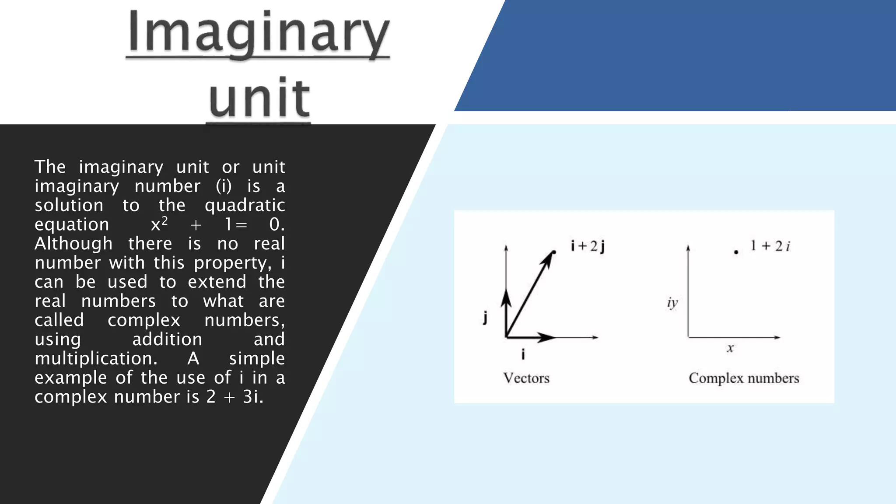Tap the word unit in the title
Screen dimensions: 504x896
pyautogui.click(x=259, y=98)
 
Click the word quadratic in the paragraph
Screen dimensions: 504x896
pyautogui.click(x=245, y=205)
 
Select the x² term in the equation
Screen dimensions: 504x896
pyautogui.click(x=159, y=224)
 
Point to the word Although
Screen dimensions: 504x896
pyautogui.click(x=73, y=243)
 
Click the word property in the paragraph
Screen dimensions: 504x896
pyautogui.click(x=230, y=263)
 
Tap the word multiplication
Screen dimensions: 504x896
pyautogui.click(x=96, y=358)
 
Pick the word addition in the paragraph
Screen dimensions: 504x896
pyautogui.click(x=167, y=339)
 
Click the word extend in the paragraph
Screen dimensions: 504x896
pyautogui.click(x=217, y=282)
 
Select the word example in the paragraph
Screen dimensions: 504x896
pyautogui.click(x=71, y=378)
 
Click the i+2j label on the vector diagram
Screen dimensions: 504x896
pyautogui.click(x=588, y=246)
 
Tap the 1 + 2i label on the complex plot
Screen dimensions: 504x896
pyautogui.click(x=770, y=246)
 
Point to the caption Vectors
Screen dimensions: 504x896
pyautogui.click(x=526, y=378)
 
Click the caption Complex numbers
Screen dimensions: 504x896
pyautogui.click(x=744, y=378)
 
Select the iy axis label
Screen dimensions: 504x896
pyautogui.click(x=672, y=303)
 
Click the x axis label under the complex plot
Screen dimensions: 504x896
pyautogui.click(x=730, y=348)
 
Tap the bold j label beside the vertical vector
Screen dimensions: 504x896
pyautogui.click(x=485, y=317)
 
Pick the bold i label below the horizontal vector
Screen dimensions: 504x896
pyautogui.click(x=523, y=354)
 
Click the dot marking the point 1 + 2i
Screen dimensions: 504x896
pyautogui.click(x=736, y=252)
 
